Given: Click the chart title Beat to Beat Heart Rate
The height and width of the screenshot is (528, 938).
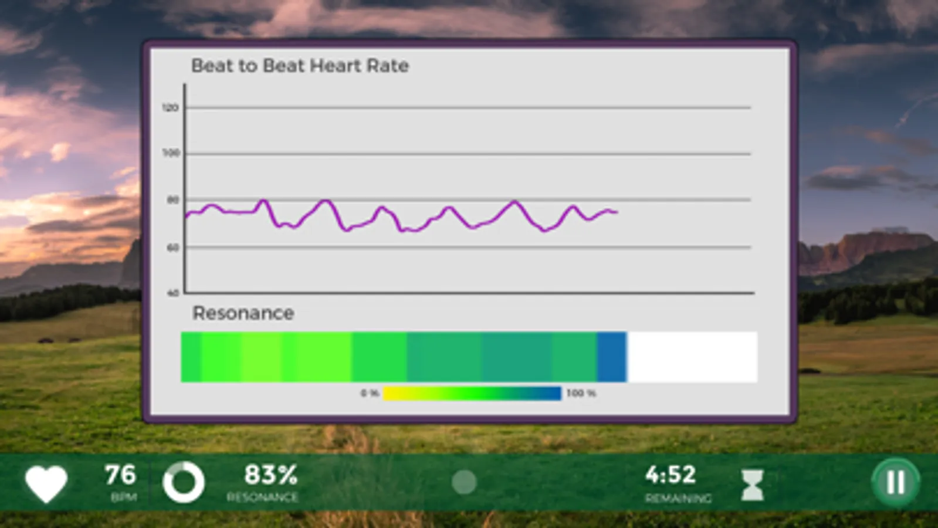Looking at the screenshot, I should coord(300,66).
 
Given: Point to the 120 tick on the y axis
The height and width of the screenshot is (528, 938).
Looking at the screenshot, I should coord(170,108).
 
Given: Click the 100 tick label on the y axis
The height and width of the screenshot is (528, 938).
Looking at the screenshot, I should coord(171,153).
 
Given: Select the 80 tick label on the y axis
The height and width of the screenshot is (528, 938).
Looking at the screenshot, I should coord(172,200).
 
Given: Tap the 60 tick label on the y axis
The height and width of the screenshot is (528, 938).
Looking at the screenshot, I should coord(172,248).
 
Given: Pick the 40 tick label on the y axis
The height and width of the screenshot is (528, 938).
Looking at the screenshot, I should coord(172,293).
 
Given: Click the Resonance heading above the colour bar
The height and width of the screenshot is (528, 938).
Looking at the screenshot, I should coord(243,313).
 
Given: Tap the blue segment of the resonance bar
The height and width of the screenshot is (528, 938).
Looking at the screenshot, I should coord(611,357).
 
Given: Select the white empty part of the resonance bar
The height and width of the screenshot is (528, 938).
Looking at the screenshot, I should coord(692,357).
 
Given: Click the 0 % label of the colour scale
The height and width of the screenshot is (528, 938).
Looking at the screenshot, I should coord(369,393).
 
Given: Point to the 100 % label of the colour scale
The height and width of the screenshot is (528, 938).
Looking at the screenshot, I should coord(581,393).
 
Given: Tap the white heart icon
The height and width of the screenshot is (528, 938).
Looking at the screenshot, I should coord(46,484).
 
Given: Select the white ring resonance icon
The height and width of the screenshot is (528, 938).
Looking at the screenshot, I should coord(184,483).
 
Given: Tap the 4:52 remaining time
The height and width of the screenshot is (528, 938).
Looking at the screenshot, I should coord(671,475).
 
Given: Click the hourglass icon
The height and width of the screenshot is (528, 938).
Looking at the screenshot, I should coord(752,485).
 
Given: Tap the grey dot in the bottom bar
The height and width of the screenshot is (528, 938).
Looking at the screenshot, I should coord(464,482).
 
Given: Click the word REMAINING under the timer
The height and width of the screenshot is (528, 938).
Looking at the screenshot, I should coord(678,499).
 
